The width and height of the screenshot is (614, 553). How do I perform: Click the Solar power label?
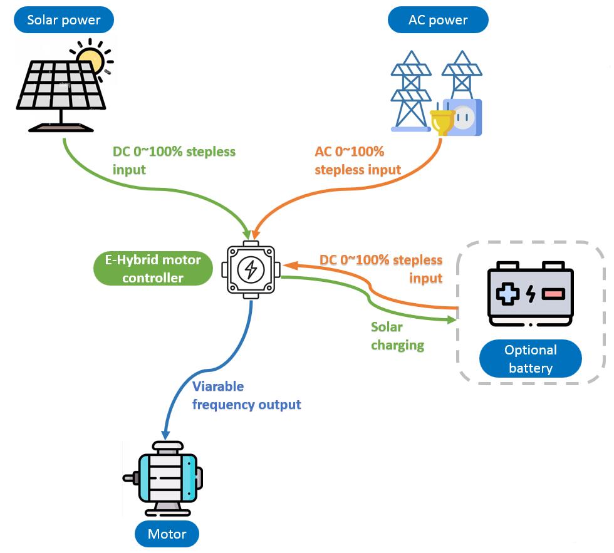click(x=64, y=20)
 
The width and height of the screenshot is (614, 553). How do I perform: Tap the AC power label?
click(x=438, y=20)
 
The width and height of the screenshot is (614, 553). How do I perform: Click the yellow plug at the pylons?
click(x=442, y=120)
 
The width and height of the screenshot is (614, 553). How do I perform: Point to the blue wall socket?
click(x=464, y=118)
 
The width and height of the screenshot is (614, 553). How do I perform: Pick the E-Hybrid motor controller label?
click(x=153, y=269)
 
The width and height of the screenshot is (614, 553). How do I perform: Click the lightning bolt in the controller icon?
click(x=251, y=270)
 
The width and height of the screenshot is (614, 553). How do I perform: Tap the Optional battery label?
click(x=530, y=359)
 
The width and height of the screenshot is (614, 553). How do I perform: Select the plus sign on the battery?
click(x=508, y=293)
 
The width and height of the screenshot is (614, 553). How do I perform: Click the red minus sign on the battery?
click(x=553, y=293)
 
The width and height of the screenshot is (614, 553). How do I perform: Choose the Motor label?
click(x=167, y=534)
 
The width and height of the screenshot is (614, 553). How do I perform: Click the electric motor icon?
click(x=164, y=478)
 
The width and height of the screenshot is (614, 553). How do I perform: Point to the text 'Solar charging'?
click(x=397, y=336)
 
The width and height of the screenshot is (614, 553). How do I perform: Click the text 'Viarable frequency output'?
click(x=246, y=396)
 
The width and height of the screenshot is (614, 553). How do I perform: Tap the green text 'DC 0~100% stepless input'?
click(x=174, y=160)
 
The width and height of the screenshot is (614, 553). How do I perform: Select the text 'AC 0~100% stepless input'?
click(x=357, y=160)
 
